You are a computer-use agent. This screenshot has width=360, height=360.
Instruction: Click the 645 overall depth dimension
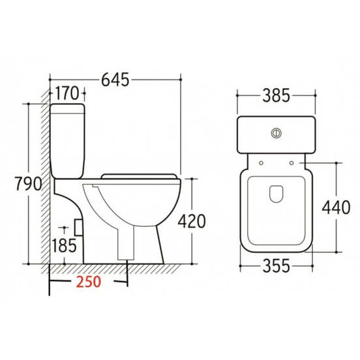(x=114, y=80)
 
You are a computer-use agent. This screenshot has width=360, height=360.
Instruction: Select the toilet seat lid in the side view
(x=139, y=174)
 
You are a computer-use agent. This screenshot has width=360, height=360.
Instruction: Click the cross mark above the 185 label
(x=64, y=229)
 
